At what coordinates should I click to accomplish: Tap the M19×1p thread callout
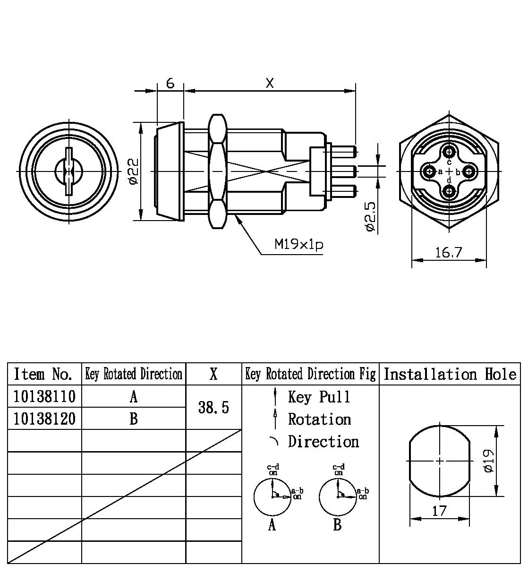pyautogui.click(x=298, y=245)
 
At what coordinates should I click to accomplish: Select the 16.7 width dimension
pyautogui.click(x=449, y=252)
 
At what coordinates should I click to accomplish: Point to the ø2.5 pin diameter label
pyautogui.click(x=371, y=216)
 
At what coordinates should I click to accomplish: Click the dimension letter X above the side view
pyautogui.click(x=270, y=83)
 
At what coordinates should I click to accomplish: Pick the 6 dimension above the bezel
pyautogui.click(x=170, y=83)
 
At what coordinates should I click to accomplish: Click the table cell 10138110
pyautogui.click(x=44, y=396)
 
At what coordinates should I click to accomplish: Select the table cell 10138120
pyautogui.click(x=44, y=419)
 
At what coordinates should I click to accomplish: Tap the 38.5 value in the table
pyautogui.click(x=213, y=407)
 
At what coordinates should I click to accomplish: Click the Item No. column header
pyautogui.click(x=43, y=374)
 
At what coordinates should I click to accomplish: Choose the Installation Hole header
pyautogui.click(x=450, y=374)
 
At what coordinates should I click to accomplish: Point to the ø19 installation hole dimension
pyautogui.click(x=489, y=461)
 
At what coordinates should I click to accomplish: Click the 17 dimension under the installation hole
pyautogui.click(x=439, y=511)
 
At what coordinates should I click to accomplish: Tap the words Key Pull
pyautogui.click(x=319, y=397)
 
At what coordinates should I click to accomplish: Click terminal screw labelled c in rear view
pyautogui.click(x=449, y=152)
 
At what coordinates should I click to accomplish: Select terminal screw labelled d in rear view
pyautogui.click(x=449, y=191)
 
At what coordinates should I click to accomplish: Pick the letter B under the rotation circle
pyautogui.click(x=337, y=525)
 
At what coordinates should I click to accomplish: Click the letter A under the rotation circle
pyautogui.click(x=272, y=525)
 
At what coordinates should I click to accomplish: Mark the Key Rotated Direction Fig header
pyautogui.click(x=310, y=374)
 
